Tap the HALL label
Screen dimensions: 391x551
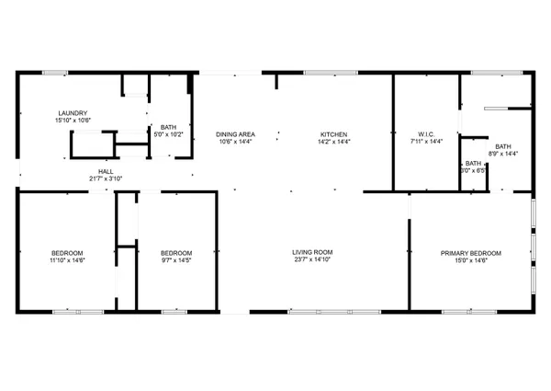pyautogui.click(x=106, y=171)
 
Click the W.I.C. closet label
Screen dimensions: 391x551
pyautogui.click(x=426, y=134)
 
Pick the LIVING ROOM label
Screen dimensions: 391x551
pyautogui.click(x=312, y=252)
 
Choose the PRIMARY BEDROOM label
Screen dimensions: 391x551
pyautogui.click(x=471, y=253)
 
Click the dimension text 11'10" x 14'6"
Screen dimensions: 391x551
pyautogui.click(x=67, y=260)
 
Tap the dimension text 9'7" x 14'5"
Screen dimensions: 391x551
pyautogui.click(x=176, y=260)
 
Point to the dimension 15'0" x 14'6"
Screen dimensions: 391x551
pyautogui.click(x=471, y=260)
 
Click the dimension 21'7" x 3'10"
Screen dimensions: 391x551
pyautogui.click(x=106, y=178)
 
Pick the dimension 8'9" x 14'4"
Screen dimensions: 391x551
pyautogui.click(x=503, y=154)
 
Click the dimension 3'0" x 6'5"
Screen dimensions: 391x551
pyautogui.click(x=472, y=170)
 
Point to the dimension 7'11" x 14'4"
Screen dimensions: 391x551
pyautogui.click(x=426, y=142)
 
